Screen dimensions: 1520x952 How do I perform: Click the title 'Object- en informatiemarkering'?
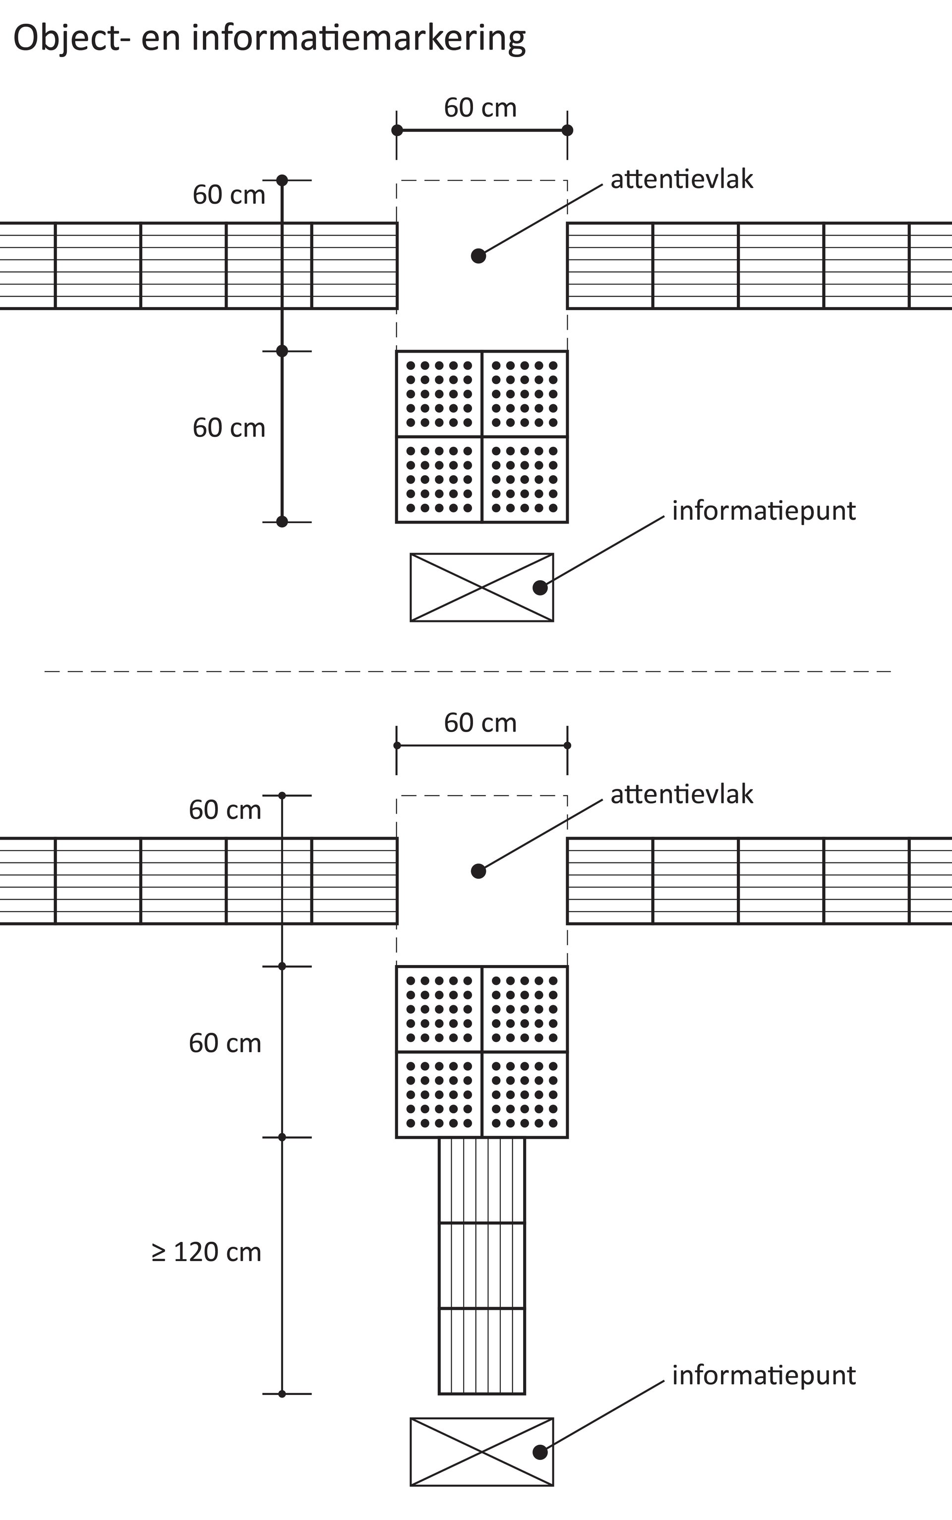point(269,39)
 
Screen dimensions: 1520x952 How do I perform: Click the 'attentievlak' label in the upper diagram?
point(681,180)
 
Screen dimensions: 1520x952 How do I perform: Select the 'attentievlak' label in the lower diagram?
point(681,794)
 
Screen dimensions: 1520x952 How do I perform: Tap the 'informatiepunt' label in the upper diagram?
point(763,511)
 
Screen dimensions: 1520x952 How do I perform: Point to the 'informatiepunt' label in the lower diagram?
point(763,1375)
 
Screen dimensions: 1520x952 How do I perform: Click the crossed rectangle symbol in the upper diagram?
point(481,588)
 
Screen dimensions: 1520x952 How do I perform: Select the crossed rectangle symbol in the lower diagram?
point(481,1452)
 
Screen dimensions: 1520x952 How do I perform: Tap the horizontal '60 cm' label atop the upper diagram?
point(480,108)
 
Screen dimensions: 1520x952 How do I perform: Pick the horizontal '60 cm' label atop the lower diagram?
point(480,723)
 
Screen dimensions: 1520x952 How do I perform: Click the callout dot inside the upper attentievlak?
point(478,255)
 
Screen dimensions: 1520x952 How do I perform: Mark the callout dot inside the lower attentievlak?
point(478,871)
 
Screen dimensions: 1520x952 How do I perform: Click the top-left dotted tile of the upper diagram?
point(439,394)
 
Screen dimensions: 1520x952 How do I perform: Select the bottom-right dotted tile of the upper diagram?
point(525,479)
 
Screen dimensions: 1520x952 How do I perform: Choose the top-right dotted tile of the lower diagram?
point(525,1009)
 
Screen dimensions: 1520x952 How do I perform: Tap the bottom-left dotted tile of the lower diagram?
point(439,1094)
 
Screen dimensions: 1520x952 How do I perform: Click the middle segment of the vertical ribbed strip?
point(481,1265)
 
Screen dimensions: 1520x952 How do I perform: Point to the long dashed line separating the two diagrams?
point(467,671)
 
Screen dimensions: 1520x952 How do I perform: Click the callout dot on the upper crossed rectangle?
point(539,588)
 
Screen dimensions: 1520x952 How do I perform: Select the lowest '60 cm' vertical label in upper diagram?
point(229,428)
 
